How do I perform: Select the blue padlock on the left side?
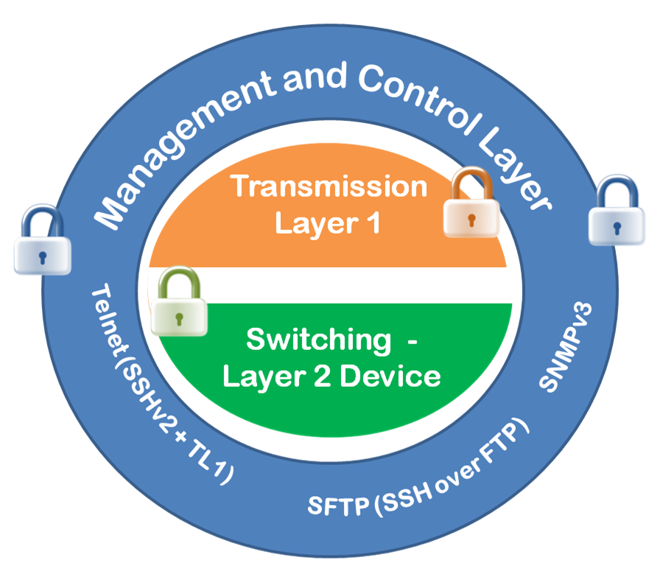point(42,240)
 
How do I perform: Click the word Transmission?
point(329,187)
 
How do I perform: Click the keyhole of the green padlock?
point(178,317)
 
